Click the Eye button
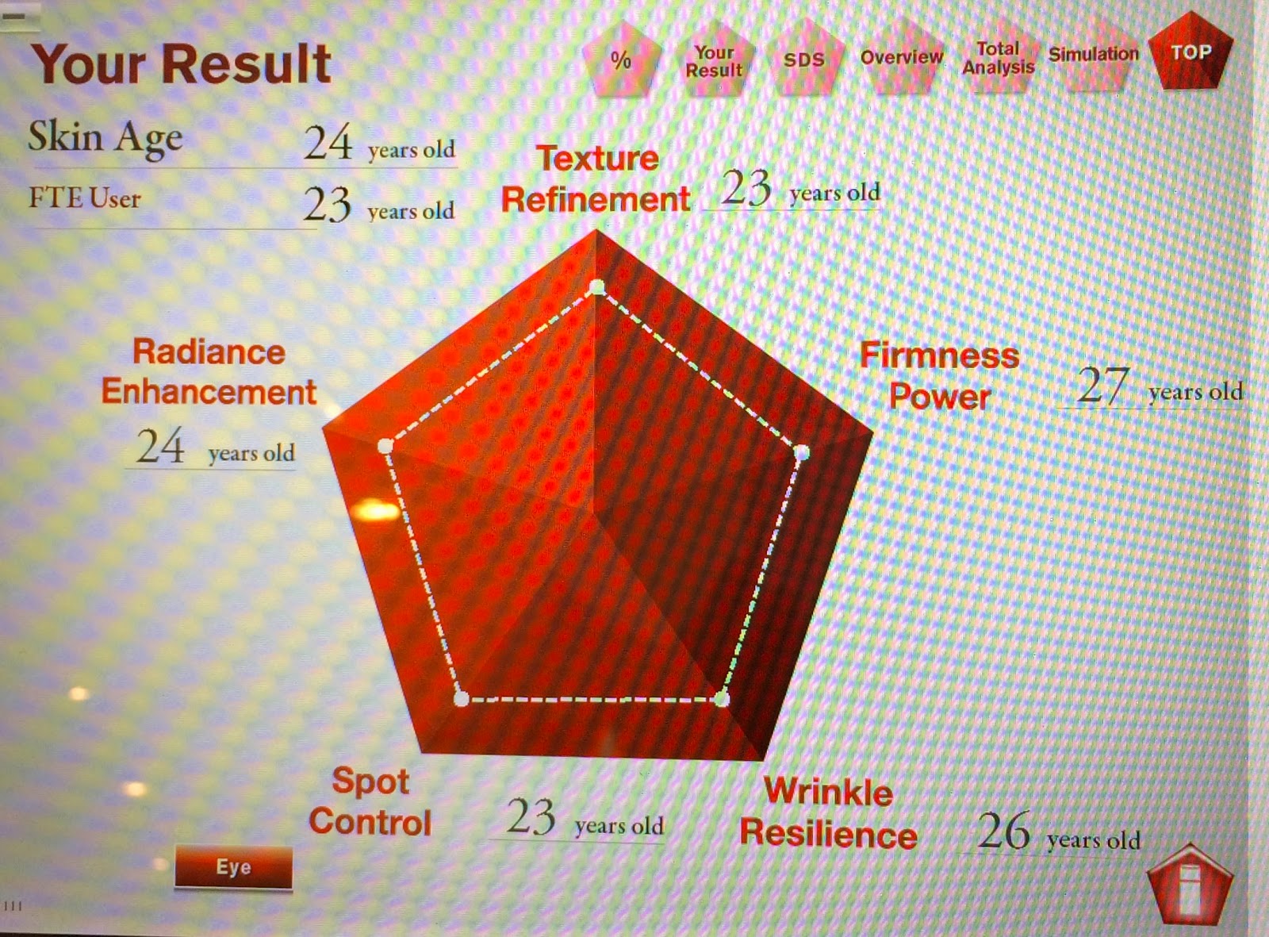click(x=233, y=867)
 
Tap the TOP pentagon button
click(x=1190, y=52)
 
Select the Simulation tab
click(x=1094, y=55)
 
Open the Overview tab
click(x=902, y=56)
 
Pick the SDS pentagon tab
click(x=804, y=59)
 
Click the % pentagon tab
click(x=621, y=59)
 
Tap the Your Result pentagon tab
click(x=714, y=60)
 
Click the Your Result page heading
click(x=182, y=65)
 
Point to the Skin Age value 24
click(x=328, y=143)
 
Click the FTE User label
click(x=85, y=198)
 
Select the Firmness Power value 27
click(x=1102, y=386)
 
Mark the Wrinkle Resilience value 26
click(x=1004, y=831)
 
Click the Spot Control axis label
click(x=370, y=801)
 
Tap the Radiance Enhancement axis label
click(x=209, y=371)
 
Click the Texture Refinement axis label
click(x=596, y=179)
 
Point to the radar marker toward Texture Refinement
click(x=597, y=286)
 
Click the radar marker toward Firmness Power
click(x=802, y=453)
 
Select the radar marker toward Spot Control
click(x=461, y=698)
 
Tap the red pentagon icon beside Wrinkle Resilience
click(x=1190, y=885)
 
